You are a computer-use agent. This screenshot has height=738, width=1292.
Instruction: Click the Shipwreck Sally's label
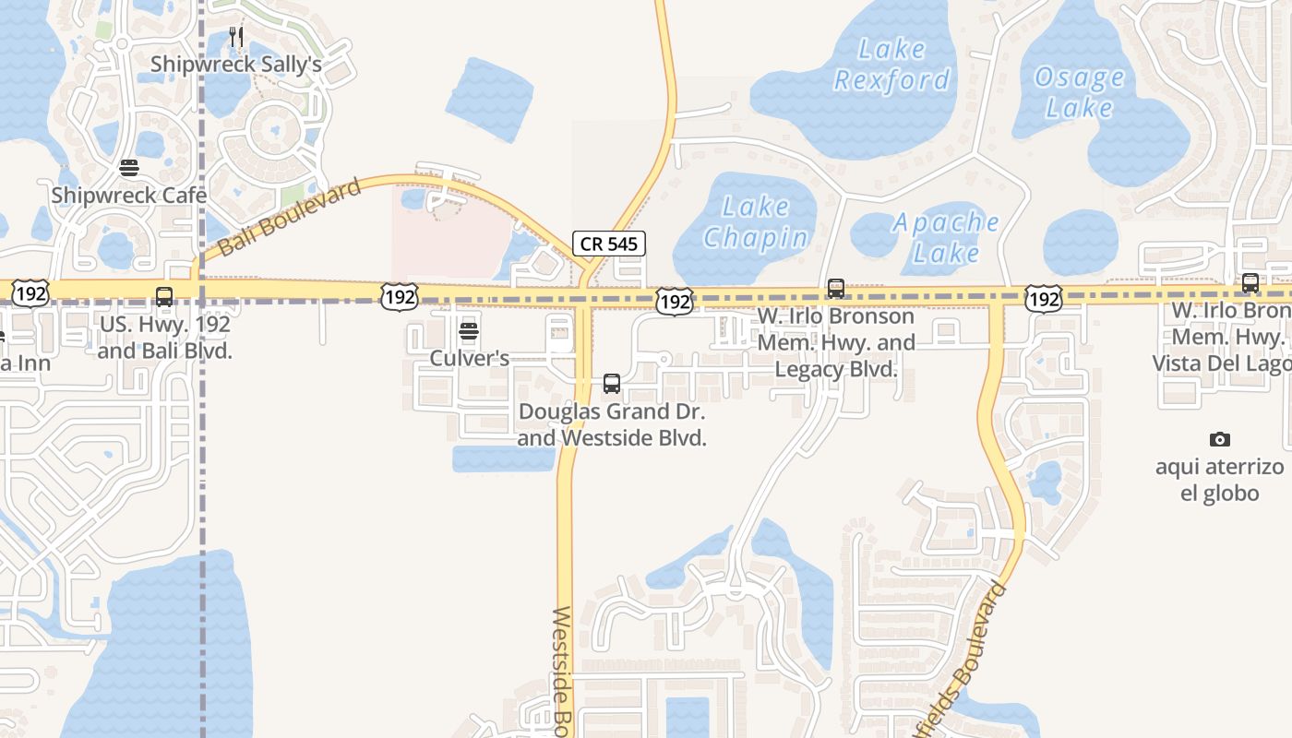[235, 65]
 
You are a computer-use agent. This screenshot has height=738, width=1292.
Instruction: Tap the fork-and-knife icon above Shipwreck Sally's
[236, 37]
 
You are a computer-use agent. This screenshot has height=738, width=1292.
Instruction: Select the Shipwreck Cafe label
[129, 196]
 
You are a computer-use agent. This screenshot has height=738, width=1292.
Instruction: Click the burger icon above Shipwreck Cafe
[129, 168]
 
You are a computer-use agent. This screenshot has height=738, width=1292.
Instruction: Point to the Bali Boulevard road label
[290, 219]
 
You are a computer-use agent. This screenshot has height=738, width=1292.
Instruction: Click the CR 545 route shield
[608, 244]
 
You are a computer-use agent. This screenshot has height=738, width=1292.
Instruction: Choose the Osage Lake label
[1079, 92]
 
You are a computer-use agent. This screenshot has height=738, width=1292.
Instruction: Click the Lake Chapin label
[756, 222]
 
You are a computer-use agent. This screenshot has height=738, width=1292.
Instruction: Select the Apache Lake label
[946, 237]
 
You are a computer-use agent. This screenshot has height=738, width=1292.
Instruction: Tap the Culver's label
[469, 358]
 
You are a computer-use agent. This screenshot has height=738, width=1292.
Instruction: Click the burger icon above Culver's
[469, 331]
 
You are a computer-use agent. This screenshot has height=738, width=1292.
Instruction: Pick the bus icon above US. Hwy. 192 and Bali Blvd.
[164, 297]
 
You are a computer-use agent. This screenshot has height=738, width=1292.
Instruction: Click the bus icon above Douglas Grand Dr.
[611, 384]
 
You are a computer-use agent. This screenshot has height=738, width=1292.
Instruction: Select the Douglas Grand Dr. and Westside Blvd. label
[612, 424]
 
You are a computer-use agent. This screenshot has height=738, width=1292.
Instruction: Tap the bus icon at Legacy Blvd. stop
[835, 289]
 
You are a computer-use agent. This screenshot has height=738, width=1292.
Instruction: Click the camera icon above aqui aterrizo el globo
[1219, 439]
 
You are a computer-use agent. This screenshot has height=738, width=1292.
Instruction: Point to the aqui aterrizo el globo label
[1219, 480]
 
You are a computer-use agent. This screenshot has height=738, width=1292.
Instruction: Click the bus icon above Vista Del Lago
[1250, 283]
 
